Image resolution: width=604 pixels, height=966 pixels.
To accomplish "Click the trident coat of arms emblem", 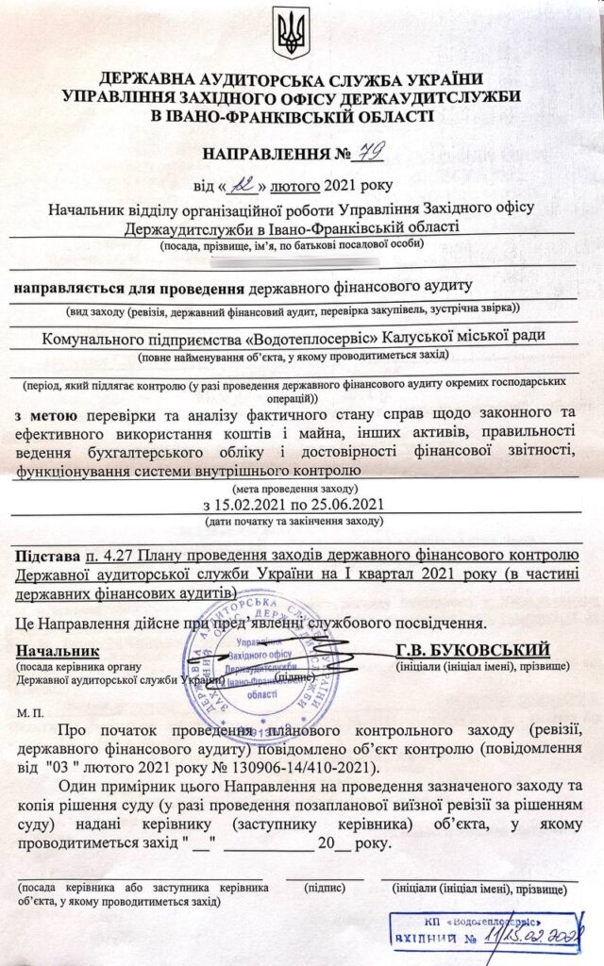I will coord(292,34).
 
